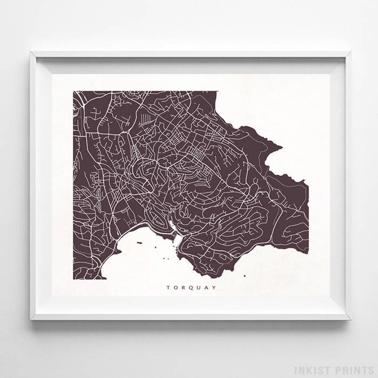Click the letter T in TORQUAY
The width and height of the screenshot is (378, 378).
(x=168, y=288)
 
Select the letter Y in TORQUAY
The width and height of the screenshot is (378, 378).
(x=214, y=288)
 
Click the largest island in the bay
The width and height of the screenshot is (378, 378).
(x=140, y=242)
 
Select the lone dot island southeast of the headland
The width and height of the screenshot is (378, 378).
(x=244, y=276)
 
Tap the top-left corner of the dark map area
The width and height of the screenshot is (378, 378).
(x=73, y=92)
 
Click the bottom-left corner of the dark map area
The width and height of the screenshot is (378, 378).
(x=73, y=279)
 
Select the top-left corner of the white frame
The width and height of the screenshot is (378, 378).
(x=31, y=52)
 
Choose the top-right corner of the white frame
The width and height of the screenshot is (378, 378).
(x=350, y=52)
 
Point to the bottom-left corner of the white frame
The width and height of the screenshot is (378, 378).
(x=31, y=319)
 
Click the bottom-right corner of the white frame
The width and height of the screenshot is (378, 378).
(x=350, y=319)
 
